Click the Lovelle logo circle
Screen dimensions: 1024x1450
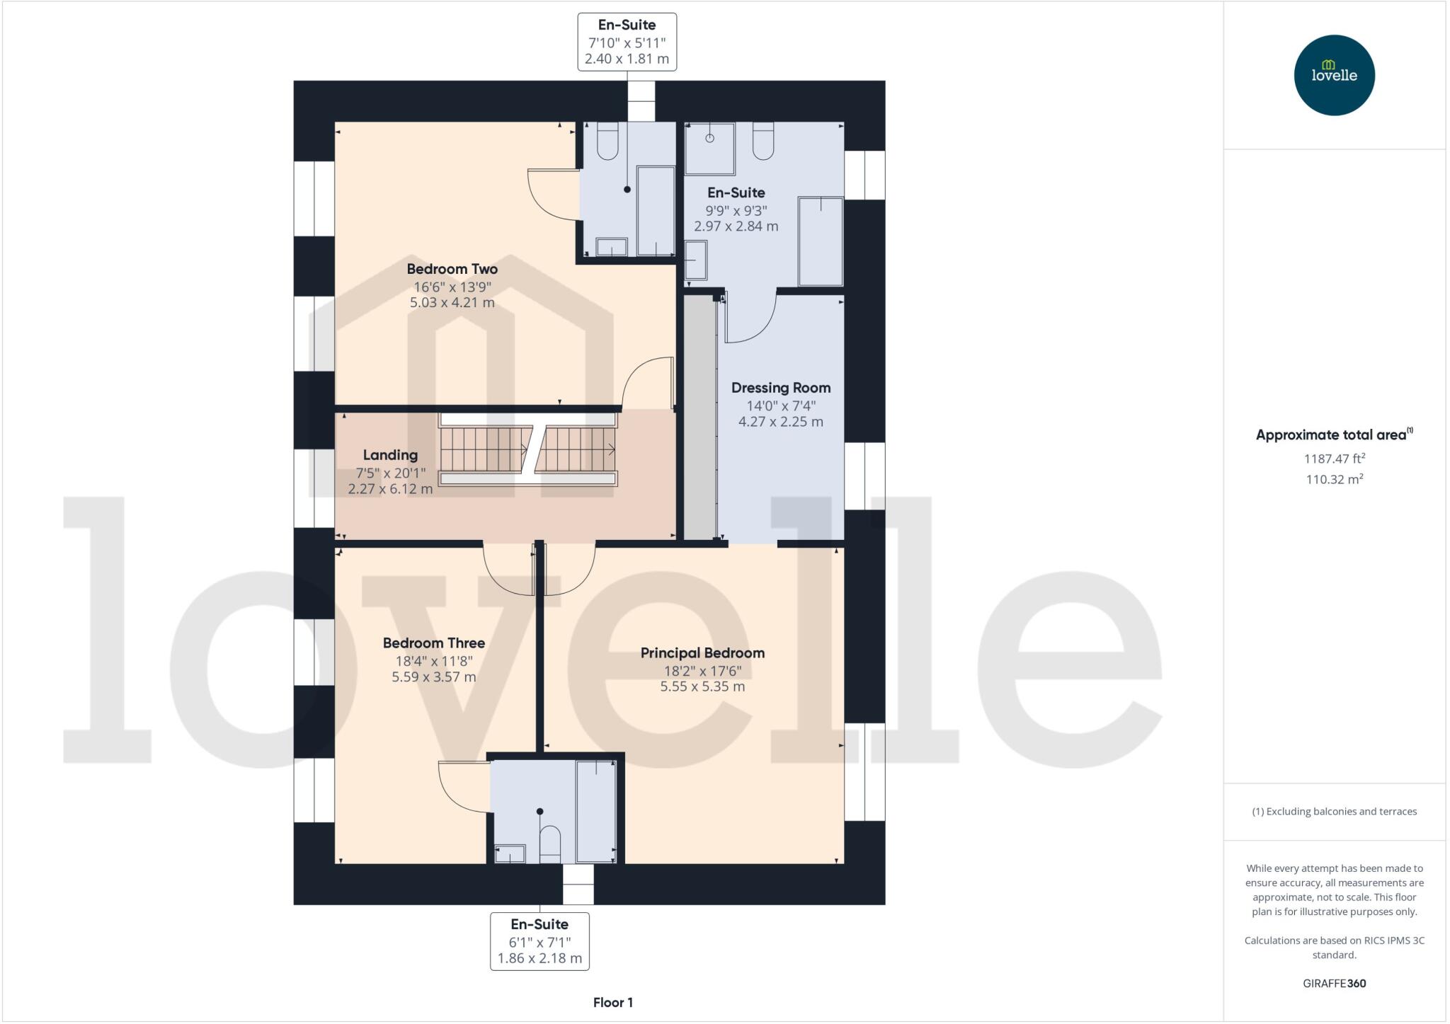coord(1334,75)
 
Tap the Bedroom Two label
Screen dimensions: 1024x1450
coord(452,269)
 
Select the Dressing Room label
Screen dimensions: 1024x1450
coord(780,388)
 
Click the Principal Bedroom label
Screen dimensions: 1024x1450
coord(702,653)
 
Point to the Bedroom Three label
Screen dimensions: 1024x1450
coord(433,643)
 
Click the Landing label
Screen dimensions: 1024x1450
coord(390,455)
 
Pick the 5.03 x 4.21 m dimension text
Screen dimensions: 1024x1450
coord(452,303)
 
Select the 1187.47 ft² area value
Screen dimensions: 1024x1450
coord(1334,459)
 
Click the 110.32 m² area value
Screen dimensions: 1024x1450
coord(1334,479)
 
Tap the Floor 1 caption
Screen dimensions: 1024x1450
coord(612,1002)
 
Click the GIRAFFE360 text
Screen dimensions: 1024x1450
coord(1334,983)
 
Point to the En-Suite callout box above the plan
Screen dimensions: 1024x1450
coord(627,42)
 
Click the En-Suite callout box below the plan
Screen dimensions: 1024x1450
coord(540,941)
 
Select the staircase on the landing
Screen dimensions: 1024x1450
coord(527,450)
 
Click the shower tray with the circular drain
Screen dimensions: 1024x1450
coord(709,148)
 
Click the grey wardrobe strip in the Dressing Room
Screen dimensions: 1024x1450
coord(700,418)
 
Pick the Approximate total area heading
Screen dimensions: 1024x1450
coord(1334,435)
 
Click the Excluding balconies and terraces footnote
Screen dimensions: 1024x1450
coord(1334,812)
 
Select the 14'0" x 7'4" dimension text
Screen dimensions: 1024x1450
coord(780,405)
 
